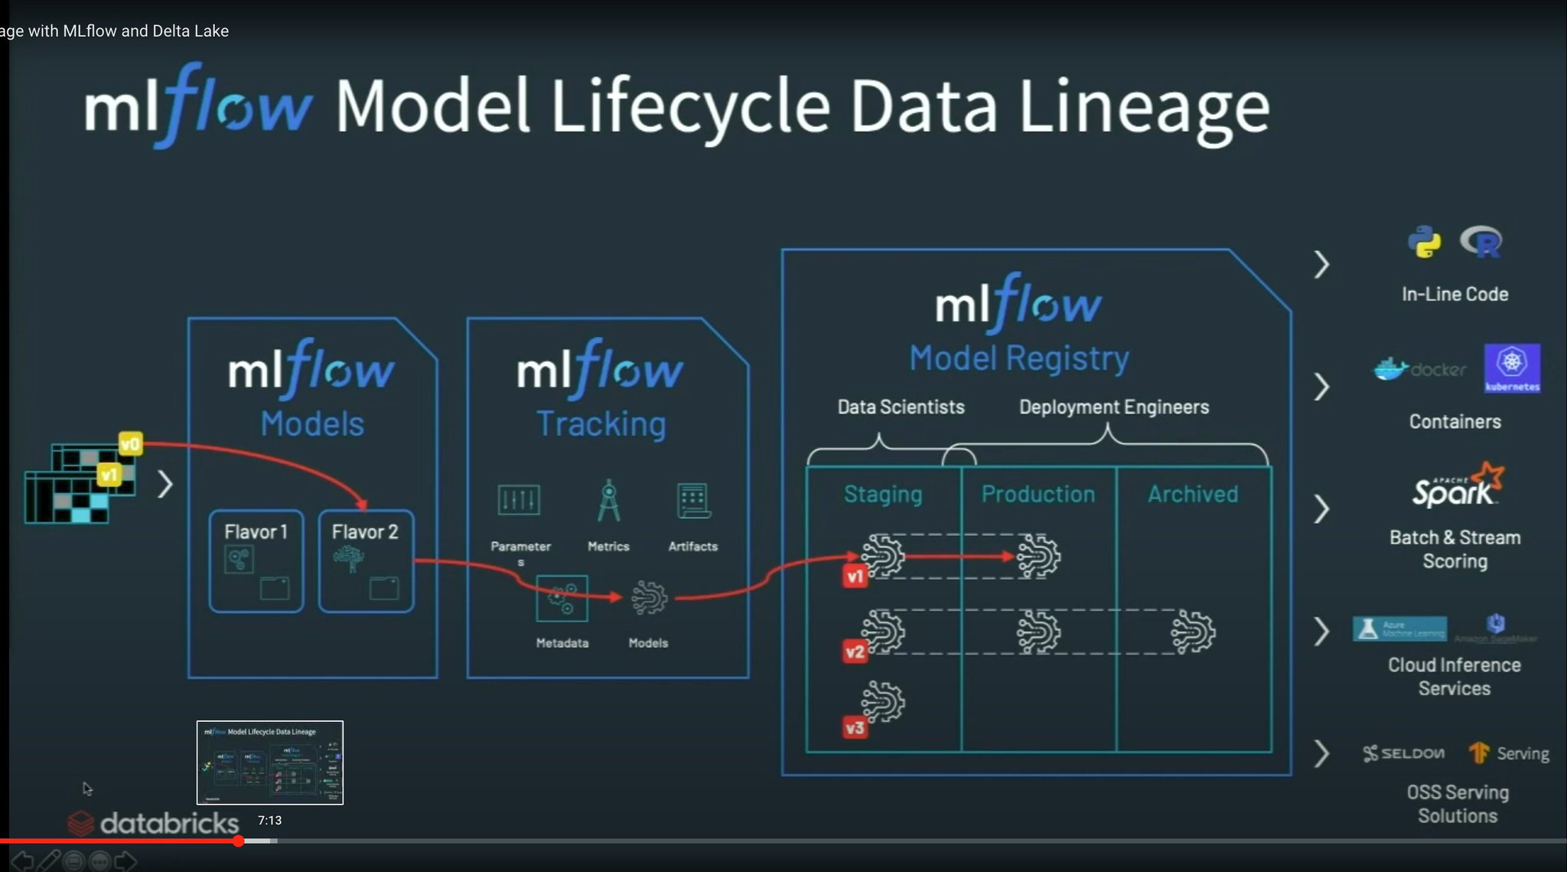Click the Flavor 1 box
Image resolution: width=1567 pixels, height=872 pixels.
(x=256, y=560)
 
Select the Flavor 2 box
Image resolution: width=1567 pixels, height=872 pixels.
(x=366, y=560)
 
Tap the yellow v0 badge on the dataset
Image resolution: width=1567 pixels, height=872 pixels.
(x=131, y=443)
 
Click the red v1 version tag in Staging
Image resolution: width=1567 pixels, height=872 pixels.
(x=855, y=576)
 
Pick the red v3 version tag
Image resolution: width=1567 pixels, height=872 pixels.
(x=855, y=727)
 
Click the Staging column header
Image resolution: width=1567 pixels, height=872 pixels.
(x=883, y=495)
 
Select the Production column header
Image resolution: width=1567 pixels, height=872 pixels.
(x=1038, y=495)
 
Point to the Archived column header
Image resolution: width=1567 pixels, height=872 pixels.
(x=1193, y=495)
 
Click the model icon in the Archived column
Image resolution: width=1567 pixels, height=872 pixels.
(x=1193, y=632)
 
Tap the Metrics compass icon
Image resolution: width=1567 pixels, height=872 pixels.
(x=608, y=501)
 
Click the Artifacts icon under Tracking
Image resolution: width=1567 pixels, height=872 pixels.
(x=693, y=501)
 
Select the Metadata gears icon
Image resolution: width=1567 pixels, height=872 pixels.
(x=562, y=598)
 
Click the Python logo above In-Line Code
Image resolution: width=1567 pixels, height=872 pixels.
(x=1424, y=242)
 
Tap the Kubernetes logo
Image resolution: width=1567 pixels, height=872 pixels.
(x=1512, y=368)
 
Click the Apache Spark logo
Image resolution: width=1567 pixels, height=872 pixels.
(x=1456, y=487)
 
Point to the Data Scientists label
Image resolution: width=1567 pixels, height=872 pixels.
(x=901, y=407)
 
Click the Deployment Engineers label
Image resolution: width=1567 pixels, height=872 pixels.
(x=1114, y=407)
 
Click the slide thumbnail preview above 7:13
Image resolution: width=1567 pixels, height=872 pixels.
(x=270, y=763)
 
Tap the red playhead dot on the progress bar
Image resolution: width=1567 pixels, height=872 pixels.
(x=239, y=841)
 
